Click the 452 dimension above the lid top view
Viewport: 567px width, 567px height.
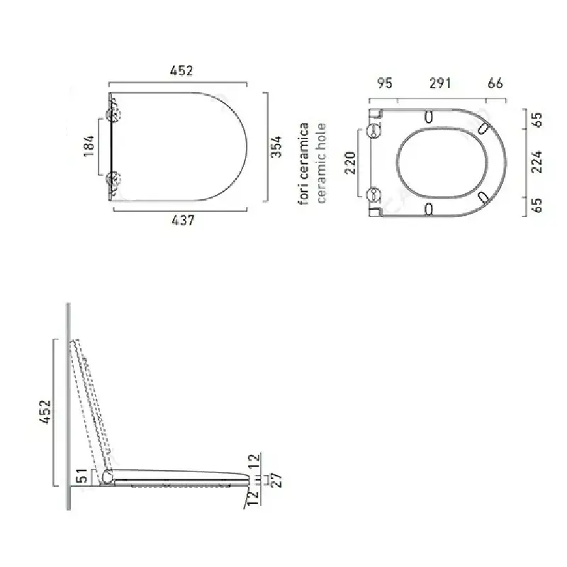pos(181,70)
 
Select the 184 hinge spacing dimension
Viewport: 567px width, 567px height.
pos(89,146)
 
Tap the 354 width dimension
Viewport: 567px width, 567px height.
pos(276,147)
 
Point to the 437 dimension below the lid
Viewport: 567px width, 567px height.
pos(183,220)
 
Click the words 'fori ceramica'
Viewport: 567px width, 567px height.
pos(303,164)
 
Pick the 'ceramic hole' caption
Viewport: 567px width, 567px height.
pos(321,163)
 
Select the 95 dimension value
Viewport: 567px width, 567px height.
pos(385,83)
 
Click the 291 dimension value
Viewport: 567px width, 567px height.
pos(440,83)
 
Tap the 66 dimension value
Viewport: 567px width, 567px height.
pos(495,83)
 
